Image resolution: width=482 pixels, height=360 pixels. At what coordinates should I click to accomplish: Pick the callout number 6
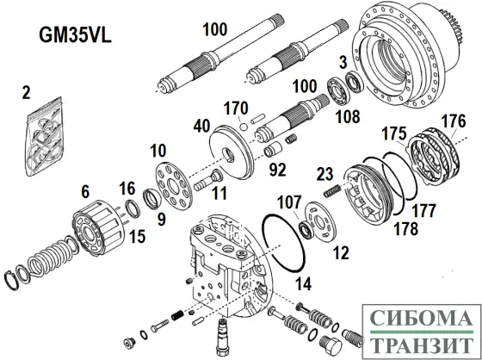84,191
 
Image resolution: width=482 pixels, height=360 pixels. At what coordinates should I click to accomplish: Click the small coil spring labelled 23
331,189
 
